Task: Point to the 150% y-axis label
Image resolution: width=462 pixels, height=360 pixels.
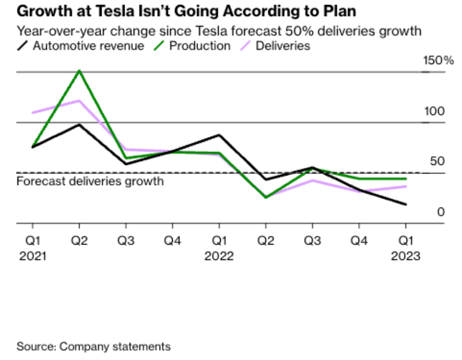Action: tap(438, 60)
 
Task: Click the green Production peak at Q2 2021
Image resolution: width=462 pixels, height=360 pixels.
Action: tap(79, 70)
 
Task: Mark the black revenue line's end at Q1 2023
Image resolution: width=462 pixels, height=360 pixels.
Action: tap(406, 204)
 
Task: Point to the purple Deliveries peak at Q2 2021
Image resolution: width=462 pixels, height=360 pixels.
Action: tap(79, 100)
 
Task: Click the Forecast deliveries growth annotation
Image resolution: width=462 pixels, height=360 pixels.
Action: tap(90, 180)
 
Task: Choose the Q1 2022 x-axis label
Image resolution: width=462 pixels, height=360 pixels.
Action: tap(219, 248)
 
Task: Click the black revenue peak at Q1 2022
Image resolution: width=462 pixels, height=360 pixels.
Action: tap(219, 135)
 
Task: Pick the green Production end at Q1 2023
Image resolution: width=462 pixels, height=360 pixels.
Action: tap(406, 178)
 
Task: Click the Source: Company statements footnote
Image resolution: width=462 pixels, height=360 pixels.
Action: tap(94, 346)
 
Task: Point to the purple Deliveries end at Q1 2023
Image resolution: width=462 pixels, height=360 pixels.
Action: tap(406, 186)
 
